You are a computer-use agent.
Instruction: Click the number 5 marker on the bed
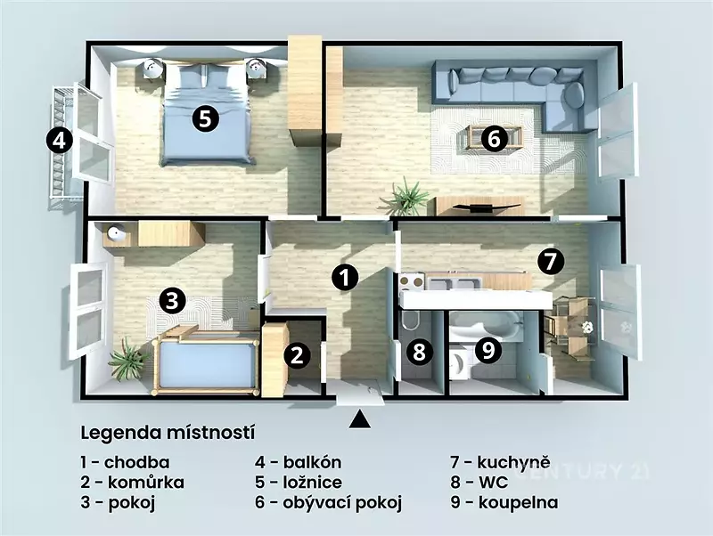tap(205, 118)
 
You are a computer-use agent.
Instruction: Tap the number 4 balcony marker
tap(59, 141)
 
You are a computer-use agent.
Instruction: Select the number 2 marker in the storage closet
tap(298, 354)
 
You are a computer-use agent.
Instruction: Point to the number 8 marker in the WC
tap(419, 352)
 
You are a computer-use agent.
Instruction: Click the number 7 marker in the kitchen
tap(550, 262)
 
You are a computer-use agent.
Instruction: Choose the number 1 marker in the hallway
tap(345, 278)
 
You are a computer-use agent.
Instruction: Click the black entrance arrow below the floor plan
tap(360, 419)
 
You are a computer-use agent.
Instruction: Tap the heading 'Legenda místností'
tap(168, 433)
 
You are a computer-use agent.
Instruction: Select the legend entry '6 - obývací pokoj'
tap(328, 503)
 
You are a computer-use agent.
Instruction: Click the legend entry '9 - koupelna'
tap(504, 503)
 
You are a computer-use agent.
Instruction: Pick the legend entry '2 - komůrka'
tap(132, 483)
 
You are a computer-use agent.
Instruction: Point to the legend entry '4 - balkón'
tap(299, 462)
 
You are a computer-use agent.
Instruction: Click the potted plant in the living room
tap(406, 197)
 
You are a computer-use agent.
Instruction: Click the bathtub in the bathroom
tap(488, 326)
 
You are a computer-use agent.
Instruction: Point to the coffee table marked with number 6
tap(493, 137)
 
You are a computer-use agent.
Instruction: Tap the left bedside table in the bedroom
tap(152, 69)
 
